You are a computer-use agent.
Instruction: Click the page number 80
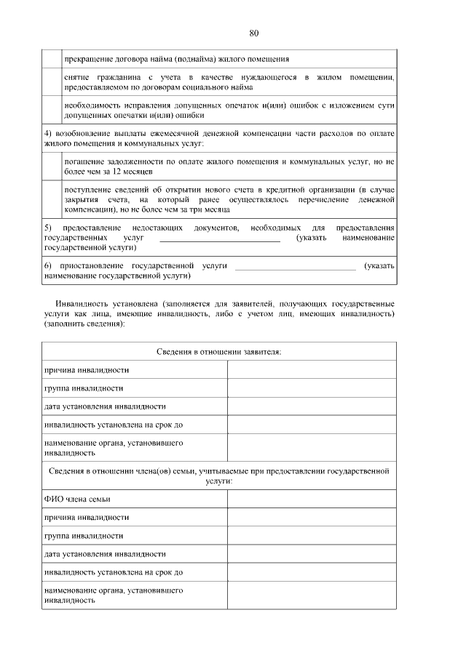click(253, 33)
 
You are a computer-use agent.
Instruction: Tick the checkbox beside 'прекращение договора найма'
click(51, 58)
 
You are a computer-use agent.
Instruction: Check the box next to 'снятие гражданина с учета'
click(51, 81)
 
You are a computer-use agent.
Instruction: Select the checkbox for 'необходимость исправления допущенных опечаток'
click(51, 110)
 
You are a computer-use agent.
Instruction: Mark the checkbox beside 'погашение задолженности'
click(51, 166)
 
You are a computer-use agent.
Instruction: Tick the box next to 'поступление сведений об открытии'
click(51, 198)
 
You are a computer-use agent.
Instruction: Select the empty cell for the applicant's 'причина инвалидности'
click(312, 369)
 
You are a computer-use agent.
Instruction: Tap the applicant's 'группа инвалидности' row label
click(84, 388)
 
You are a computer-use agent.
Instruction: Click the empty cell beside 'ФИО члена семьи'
click(312, 499)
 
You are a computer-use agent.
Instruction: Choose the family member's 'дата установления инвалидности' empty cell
click(312, 554)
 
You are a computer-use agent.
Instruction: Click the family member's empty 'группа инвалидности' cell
click(312, 536)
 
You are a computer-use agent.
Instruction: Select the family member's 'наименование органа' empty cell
click(312, 595)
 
